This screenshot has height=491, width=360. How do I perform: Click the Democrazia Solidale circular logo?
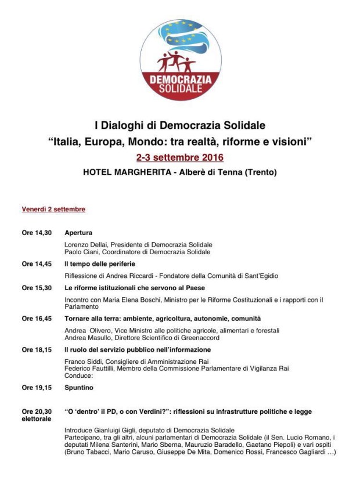(181, 59)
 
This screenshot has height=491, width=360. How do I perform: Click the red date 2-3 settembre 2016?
(180, 157)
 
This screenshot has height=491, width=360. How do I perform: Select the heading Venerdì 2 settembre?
(53, 209)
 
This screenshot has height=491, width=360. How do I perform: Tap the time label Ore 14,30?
(37, 233)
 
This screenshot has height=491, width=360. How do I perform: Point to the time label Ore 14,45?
(37, 263)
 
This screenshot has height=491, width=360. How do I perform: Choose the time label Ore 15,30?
(37, 287)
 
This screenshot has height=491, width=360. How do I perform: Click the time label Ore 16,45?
(37, 318)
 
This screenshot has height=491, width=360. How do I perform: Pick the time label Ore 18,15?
(37, 349)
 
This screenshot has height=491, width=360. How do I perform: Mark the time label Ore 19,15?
(37, 387)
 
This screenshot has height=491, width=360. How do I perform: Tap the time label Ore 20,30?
(37, 411)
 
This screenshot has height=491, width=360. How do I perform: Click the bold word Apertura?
(78, 233)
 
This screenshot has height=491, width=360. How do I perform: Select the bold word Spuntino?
(79, 387)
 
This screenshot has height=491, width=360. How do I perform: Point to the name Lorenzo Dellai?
(85, 244)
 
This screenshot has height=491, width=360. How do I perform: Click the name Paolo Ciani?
(80, 252)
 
